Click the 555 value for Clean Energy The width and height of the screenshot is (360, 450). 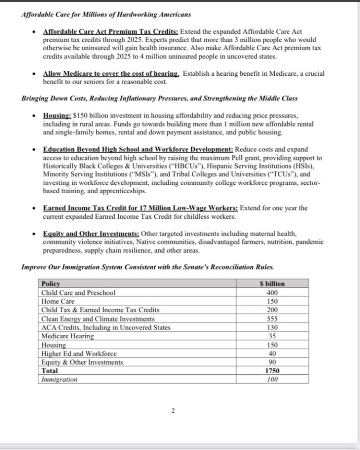272,318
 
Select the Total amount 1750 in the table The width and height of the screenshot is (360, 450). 272,371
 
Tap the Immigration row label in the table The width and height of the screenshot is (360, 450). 59,379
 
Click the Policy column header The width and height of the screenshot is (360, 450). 51,284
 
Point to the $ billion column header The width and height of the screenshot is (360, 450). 272,284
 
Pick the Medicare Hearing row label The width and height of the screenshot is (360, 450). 67,336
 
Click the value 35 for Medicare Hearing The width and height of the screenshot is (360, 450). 272,336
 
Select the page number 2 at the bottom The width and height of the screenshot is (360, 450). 173,411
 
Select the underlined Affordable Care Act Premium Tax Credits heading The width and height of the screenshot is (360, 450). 111,32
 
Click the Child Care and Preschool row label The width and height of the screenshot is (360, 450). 78,293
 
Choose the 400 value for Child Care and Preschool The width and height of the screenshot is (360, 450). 272,293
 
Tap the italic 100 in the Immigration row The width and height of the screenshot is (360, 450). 272,379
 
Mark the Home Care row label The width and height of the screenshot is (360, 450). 58,301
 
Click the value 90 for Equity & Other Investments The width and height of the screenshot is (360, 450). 272,362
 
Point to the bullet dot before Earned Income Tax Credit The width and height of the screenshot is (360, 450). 34,209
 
